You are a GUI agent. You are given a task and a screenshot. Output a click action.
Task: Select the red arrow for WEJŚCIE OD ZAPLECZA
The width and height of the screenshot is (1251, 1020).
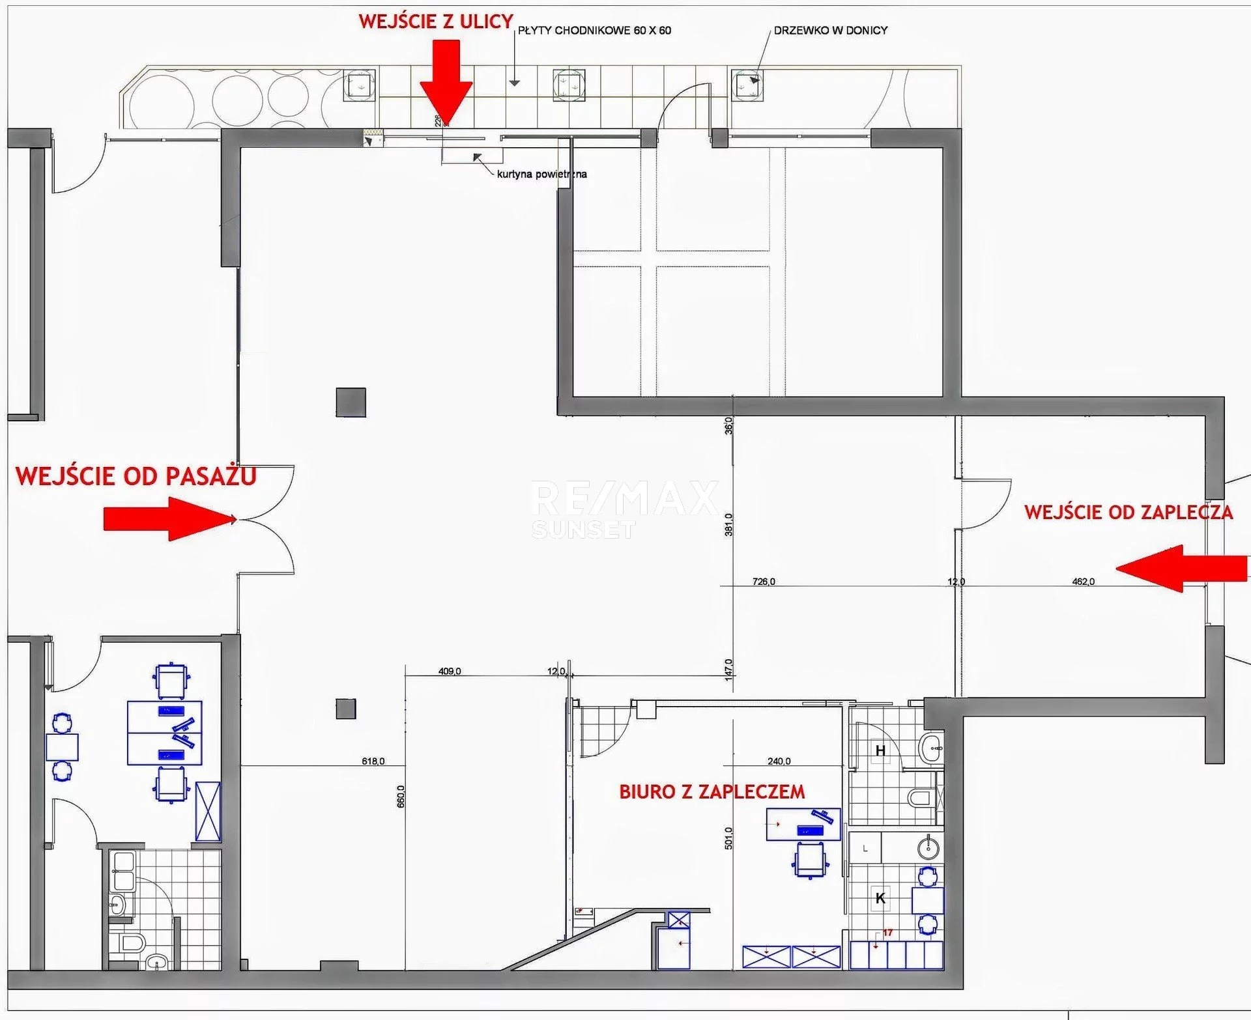(x=1181, y=569)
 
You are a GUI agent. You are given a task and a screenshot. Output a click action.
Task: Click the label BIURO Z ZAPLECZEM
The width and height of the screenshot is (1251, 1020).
(x=712, y=792)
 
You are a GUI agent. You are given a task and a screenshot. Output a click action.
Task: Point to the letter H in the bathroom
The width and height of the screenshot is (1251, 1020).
(x=880, y=751)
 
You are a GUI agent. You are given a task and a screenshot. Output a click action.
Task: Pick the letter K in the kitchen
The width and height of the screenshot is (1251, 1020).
(x=880, y=898)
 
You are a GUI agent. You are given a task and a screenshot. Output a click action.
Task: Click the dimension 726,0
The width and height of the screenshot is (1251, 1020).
(x=764, y=582)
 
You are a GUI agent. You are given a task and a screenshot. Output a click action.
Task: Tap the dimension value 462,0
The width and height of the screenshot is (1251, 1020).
(x=1084, y=582)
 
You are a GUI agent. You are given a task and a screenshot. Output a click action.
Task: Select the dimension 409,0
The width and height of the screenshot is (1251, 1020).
(x=450, y=672)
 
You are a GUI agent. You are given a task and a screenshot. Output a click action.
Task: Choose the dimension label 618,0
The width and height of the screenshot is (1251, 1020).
(x=373, y=761)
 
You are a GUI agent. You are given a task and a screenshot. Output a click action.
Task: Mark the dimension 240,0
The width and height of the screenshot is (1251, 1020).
(x=779, y=761)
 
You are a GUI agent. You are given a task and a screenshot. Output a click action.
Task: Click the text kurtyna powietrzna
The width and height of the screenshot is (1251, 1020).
(x=541, y=174)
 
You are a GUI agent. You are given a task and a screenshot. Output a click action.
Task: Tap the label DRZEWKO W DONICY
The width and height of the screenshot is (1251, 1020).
(x=831, y=30)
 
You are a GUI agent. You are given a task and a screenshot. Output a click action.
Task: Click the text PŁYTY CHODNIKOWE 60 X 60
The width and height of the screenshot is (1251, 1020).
(x=594, y=30)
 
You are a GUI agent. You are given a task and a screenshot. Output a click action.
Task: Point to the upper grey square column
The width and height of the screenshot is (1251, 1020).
(x=351, y=403)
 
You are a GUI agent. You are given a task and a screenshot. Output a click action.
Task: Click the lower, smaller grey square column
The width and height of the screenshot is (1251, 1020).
(x=346, y=709)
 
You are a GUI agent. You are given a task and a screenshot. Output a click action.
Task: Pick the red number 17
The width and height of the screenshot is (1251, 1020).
(x=887, y=933)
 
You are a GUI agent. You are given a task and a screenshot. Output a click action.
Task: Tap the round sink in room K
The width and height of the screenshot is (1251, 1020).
(x=928, y=847)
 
